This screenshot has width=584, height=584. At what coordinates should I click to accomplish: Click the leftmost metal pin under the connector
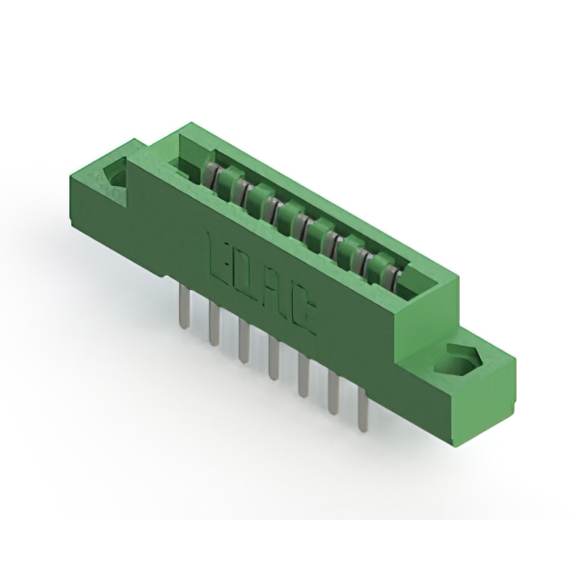[x=185, y=308]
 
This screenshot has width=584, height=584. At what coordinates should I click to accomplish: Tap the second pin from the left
[x=214, y=325]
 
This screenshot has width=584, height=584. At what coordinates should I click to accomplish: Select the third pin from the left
[x=243, y=340]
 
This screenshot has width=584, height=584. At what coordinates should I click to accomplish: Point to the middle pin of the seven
[x=273, y=357]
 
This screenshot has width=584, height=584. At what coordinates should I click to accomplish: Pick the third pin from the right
[x=303, y=376]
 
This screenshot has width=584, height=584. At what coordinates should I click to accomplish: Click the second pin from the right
[x=333, y=394]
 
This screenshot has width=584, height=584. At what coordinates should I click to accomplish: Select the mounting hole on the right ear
[x=456, y=362]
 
